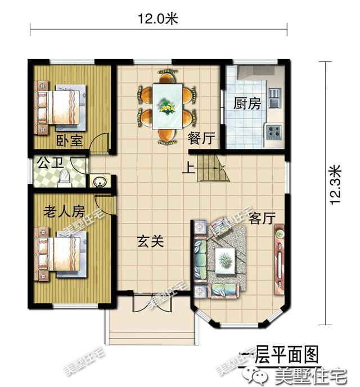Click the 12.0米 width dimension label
pos(158,19)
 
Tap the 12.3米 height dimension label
pos(336,184)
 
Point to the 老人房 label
pos(64,211)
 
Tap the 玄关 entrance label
pos(151,242)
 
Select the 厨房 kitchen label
pos(247,103)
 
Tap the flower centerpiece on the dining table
pos(166,105)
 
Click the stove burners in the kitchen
pos(274,132)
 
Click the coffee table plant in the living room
pos(225,260)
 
